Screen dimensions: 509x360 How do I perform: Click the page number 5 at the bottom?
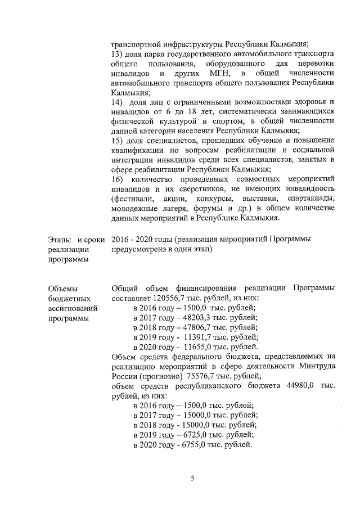[x=192, y=479]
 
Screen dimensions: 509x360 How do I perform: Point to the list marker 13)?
[x=118, y=54]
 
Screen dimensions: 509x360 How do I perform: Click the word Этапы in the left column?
[x=60, y=240]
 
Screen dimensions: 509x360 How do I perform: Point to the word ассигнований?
[x=73, y=308]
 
